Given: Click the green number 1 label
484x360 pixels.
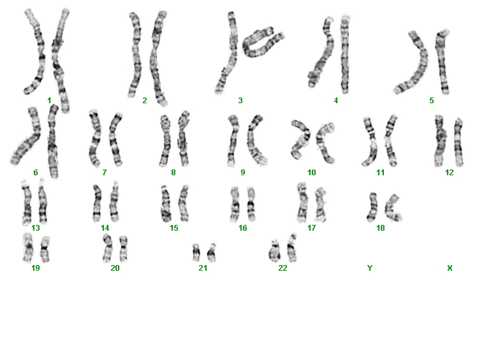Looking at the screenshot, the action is (x=49, y=101).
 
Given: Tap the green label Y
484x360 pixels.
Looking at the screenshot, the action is (x=370, y=268).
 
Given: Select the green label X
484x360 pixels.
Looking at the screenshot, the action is (x=450, y=268).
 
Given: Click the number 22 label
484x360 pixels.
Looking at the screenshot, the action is (x=282, y=268).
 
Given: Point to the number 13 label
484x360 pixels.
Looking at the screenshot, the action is (x=36, y=228).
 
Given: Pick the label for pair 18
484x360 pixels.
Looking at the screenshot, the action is (x=381, y=228).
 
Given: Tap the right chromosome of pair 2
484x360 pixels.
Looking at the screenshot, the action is (x=158, y=59).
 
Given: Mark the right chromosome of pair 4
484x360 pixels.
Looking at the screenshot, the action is (x=345, y=54).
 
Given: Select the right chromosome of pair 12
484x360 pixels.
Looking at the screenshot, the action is (x=458, y=143).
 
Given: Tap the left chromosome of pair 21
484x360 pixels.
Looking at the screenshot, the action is (x=196, y=252).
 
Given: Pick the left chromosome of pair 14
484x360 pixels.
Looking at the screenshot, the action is (x=97, y=203).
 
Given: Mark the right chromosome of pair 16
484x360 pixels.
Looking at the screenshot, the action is (x=251, y=204).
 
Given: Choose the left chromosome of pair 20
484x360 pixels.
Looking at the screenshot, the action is (x=107, y=248).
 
